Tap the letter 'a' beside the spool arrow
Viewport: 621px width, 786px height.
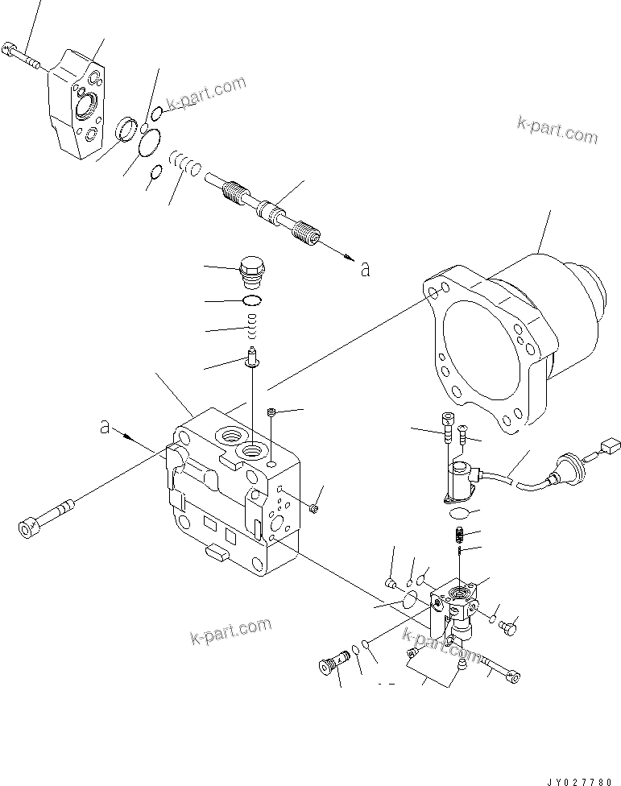pyautogui.click(x=365, y=269)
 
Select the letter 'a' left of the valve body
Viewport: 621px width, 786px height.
pyautogui.click(x=105, y=427)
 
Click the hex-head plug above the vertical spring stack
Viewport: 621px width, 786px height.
pyautogui.click(x=252, y=270)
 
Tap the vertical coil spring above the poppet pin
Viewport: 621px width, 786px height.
pyautogui.click(x=252, y=328)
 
